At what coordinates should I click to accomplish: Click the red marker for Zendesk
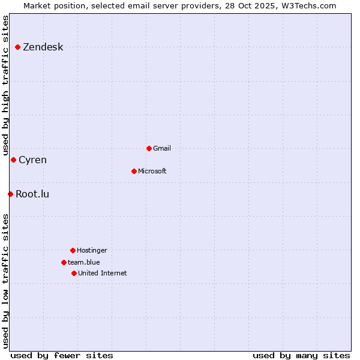pyautogui.click(x=17, y=47)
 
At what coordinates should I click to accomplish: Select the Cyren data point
pyautogui.click(x=13, y=160)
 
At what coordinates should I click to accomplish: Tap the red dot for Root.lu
pyautogui.click(x=10, y=194)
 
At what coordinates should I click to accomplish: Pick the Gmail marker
pyautogui.click(x=149, y=148)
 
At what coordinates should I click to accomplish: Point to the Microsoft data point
pyautogui.click(x=134, y=171)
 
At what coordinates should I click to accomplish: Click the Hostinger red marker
pyautogui.click(x=73, y=250)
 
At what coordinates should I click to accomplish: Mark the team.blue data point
pyautogui.click(x=64, y=262)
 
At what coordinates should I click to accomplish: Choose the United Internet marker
pyautogui.click(x=74, y=273)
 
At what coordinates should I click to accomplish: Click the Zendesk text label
pyautogui.click(x=43, y=47)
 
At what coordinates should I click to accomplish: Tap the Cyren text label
pyautogui.click(x=32, y=160)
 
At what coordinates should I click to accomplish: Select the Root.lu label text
pyautogui.click(x=32, y=194)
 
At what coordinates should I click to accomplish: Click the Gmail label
pyautogui.click(x=162, y=149)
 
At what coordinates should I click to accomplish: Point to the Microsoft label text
pyautogui.click(x=152, y=172)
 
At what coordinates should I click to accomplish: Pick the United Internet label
pyautogui.click(x=103, y=274)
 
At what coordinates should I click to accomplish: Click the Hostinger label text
pyautogui.click(x=92, y=251)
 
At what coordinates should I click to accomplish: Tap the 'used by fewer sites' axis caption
pyautogui.click(x=62, y=355)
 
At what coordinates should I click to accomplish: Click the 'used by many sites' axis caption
pyautogui.click(x=301, y=355)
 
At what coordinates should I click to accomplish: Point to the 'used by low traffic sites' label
pyautogui.click(x=6, y=281)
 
